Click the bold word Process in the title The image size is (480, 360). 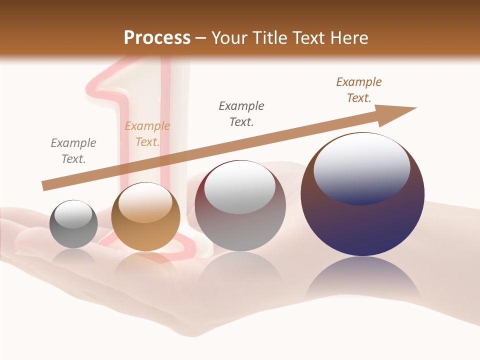157,37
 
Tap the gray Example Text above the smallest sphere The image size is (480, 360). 73,151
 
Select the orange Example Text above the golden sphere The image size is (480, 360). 147,134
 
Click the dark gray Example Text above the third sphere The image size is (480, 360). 241,114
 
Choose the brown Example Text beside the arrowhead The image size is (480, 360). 358,90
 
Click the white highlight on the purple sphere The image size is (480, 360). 362,167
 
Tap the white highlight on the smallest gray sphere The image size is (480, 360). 73,215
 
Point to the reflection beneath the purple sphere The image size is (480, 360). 362,280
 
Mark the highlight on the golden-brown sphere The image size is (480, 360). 145,202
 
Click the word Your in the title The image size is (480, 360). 230,37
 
